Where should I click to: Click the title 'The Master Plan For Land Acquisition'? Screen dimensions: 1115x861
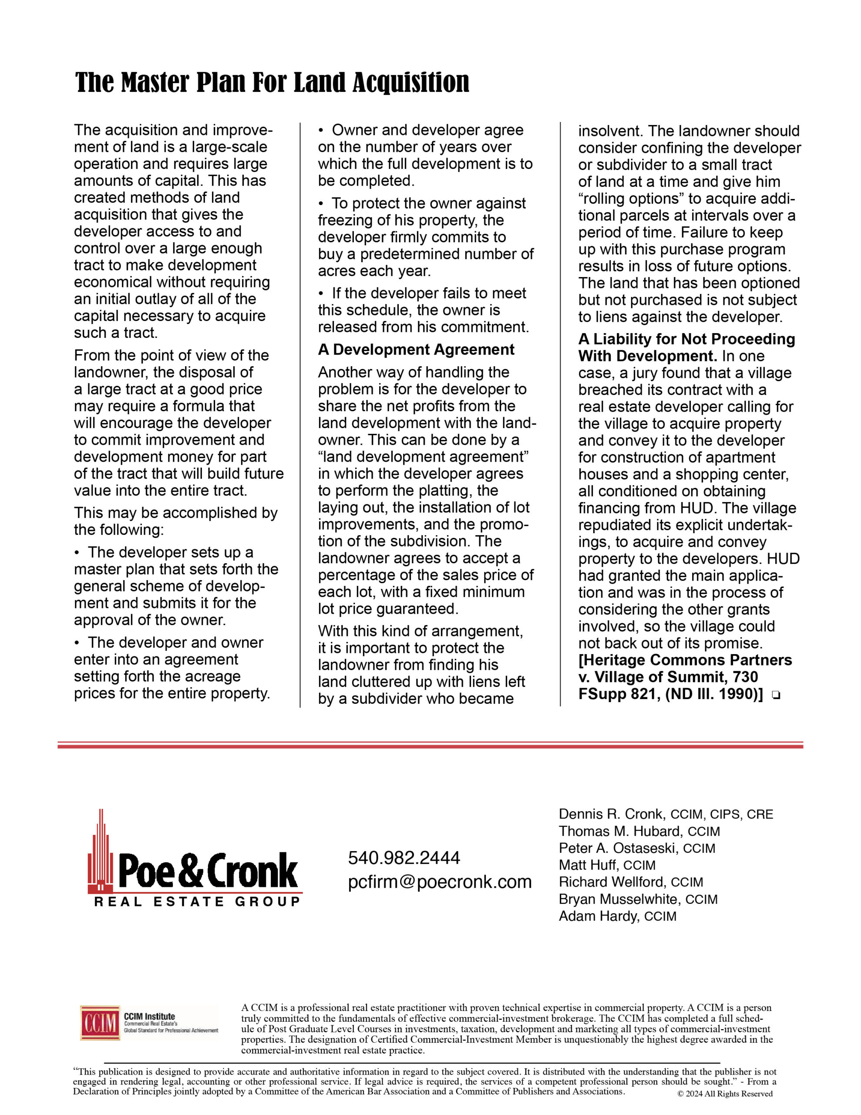point(272,83)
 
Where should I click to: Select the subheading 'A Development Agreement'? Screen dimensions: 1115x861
point(416,350)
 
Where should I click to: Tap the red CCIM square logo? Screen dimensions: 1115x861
point(100,1023)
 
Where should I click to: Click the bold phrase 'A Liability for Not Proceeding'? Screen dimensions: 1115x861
point(686,339)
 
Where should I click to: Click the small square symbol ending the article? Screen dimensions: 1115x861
point(776,695)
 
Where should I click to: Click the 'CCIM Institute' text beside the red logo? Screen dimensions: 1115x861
point(149,1017)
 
